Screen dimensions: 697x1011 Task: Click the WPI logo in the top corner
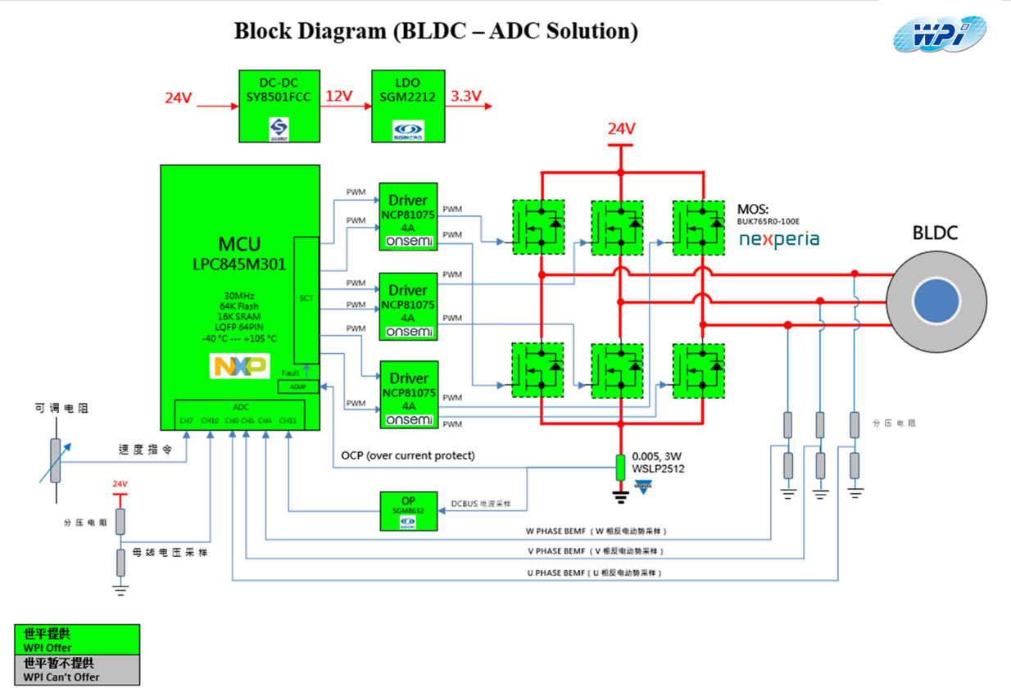pyautogui.click(x=939, y=34)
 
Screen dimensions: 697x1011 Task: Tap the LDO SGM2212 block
pyautogui.click(x=407, y=106)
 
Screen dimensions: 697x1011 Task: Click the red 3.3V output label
pyautogui.click(x=465, y=96)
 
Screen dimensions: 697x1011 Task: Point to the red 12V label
pyautogui.click(x=339, y=96)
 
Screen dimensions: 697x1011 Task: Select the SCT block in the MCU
pyautogui.click(x=306, y=300)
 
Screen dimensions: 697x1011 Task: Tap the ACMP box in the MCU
pyautogui.click(x=292, y=386)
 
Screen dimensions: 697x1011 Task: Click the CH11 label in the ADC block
pyautogui.click(x=288, y=421)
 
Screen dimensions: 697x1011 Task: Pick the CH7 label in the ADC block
pyautogui.click(x=187, y=421)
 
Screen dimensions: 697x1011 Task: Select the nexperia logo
pyautogui.click(x=778, y=239)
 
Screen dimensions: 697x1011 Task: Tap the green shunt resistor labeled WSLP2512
pyautogui.click(x=621, y=468)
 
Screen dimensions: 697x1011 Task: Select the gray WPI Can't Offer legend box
pyautogui.click(x=77, y=669)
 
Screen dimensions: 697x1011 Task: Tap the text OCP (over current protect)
pyautogui.click(x=408, y=455)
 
